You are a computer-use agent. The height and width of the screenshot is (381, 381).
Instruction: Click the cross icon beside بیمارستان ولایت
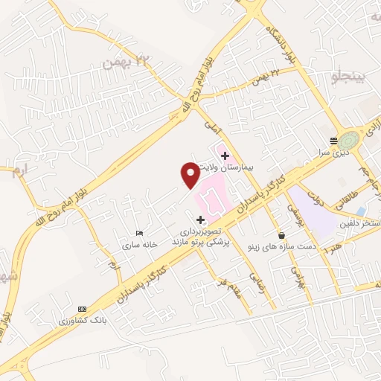click(225, 156)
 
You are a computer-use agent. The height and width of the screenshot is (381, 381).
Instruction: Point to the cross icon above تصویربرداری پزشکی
click(200, 220)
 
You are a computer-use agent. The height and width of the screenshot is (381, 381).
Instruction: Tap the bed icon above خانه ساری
click(139, 234)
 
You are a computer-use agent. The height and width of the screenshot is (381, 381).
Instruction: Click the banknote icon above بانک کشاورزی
click(81, 309)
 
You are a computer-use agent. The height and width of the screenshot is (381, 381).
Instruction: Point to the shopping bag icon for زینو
click(280, 234)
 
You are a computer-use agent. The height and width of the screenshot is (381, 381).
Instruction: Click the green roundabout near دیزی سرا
click(348, 139)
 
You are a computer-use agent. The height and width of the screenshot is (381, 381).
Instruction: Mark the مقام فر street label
click(237, 291)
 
